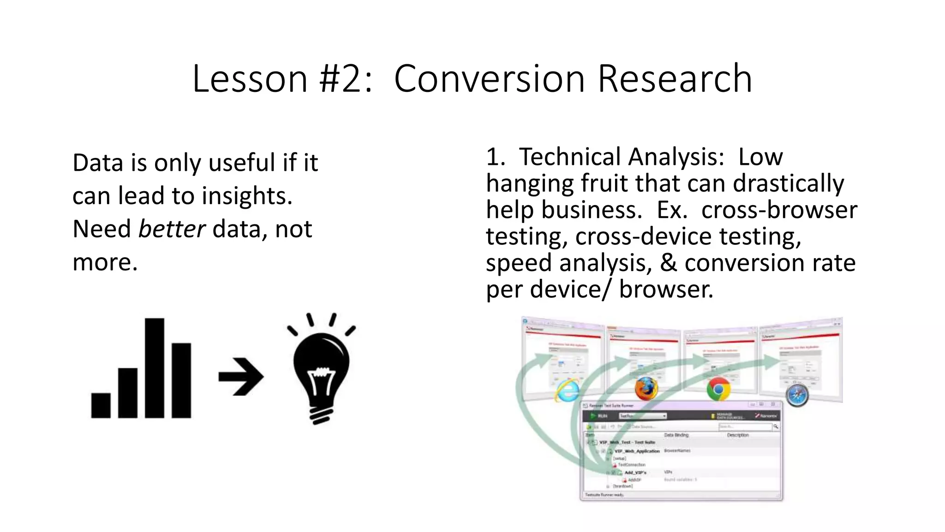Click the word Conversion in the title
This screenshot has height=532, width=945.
(x=490, y=79)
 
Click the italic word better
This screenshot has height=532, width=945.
(x=172, y=229)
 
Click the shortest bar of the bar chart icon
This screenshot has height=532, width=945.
(x=101, y=405)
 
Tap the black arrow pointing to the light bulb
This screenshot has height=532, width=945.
(x=241, y=377)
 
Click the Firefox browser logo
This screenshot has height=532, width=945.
(x=646, y=388)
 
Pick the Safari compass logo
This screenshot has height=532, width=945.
(x=797, y=395)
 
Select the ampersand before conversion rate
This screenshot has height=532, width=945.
(x=669, y=263)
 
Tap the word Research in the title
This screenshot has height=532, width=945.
(x=675, y=79)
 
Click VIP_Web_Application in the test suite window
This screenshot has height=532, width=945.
(x=637, y=451)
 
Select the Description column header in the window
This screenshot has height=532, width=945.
(x=737, y=435)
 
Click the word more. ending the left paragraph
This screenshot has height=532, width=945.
(x=105, y=262)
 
